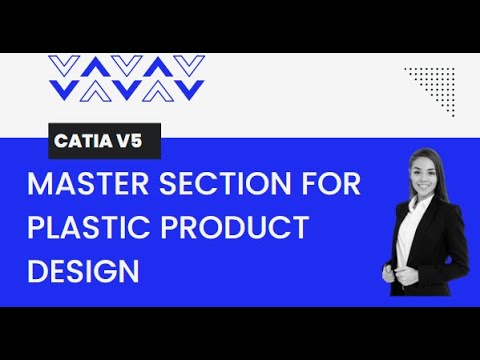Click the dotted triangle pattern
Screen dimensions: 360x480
coord(433,84)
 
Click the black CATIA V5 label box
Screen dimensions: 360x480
coord(104,140)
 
